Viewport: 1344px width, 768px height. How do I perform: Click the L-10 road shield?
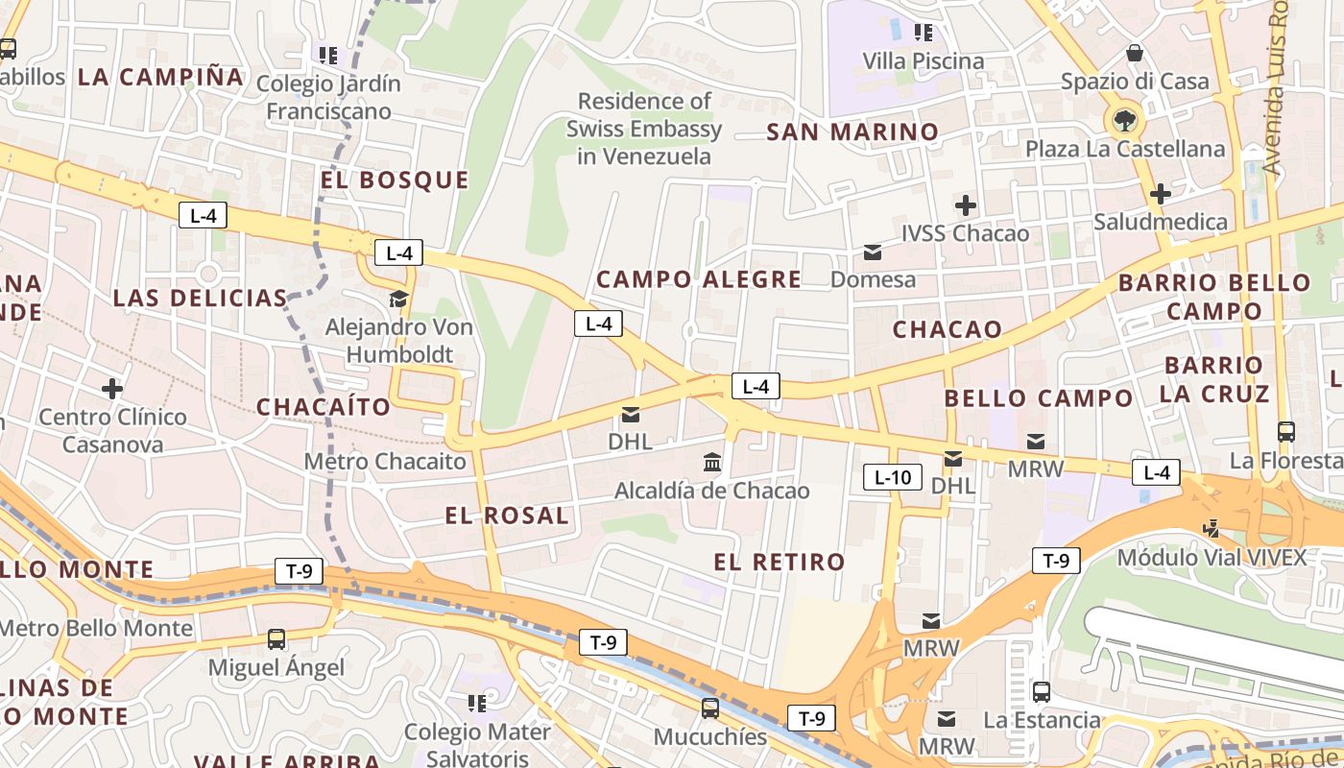pyautogui.click(x=893, y=477)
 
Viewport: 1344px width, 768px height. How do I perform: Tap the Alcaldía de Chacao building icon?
pyautogui.click(x=712, y=463)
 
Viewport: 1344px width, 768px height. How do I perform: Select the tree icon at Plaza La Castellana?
pyautogui.click(x=1123, y=121)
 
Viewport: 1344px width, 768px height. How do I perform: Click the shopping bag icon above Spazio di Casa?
pyautogui.click(x=1135, y=53)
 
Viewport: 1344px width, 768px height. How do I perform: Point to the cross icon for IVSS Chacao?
pyautogui.click(x=965, y=204)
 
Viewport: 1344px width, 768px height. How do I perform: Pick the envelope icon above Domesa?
pyautogui.click(x=873, y=252)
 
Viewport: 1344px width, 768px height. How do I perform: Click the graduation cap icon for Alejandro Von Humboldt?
pyautogui.click(x=398, y=299)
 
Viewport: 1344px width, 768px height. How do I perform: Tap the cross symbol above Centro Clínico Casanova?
pyautogui.click(x=112, y=389)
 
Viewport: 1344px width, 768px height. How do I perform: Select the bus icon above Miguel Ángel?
pyautogui.click(x=276, y=638)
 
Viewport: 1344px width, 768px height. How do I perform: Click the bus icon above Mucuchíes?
pyautogui.click(x=709, y=708)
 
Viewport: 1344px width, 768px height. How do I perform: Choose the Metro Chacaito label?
pyautogui.click(x=385, y=462)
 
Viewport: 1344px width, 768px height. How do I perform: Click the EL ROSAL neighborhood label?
pyautogui.click(x=507, y=516)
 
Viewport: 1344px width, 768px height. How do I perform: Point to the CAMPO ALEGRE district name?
pyautogui.click(x=699, y=279)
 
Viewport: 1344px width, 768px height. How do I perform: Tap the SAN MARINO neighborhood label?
pyautogui.click(x=852, y=132)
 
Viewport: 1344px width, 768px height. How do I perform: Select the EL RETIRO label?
pyautogui.click(x=780, y=562)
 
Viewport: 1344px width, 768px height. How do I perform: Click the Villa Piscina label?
pyautogui.click(x=923, y=61)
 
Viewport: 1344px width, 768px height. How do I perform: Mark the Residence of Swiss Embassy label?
pyautogui.click(x=644, y=129)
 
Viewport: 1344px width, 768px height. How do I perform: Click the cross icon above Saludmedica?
pyautogui.click(x=1160, y=194)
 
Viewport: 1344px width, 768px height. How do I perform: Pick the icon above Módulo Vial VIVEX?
pyautogui.click(x=1212, y=528)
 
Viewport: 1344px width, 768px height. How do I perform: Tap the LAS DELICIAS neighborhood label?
pyautogui.click(x=200, y=298)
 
